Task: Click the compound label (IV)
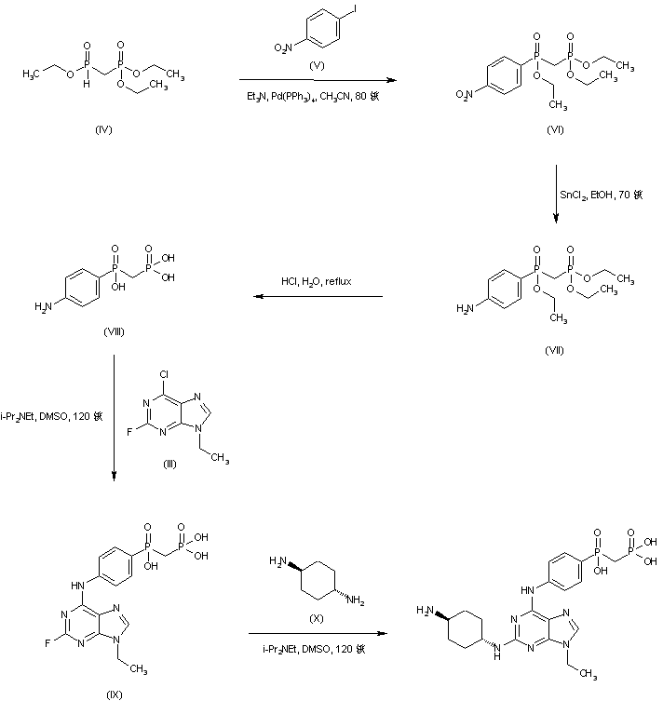pos(104,128)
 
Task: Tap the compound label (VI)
pos(555,128)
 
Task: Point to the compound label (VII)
pos(555,351)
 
